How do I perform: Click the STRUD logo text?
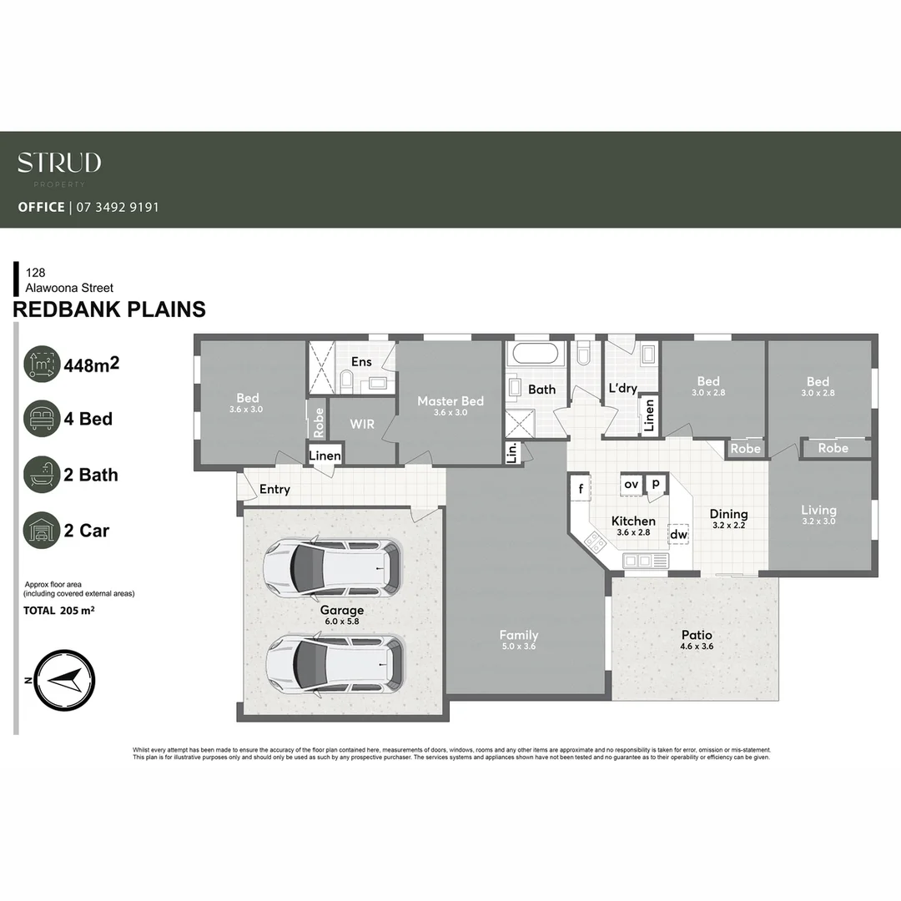[x=59, y=163]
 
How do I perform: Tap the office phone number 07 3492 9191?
[x=118, y=207]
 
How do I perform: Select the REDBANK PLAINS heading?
[x=109, y=310]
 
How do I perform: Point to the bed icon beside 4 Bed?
[x=42, y=419]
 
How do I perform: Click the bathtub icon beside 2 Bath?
[x=42, y=475]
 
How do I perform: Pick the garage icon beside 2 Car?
[x=42, y=531]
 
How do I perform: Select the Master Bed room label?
[x=450, y=401]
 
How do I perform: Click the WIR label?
[x=362, y=424]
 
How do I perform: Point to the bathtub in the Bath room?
[x=539, y=353]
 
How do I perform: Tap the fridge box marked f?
[x=580, y=487]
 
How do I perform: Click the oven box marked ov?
[x=632, y=484]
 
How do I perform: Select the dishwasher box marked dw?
[x=678, y=535]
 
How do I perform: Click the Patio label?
[x=697, y=635]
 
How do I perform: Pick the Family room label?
[x=519, y=635]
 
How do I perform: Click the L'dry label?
[x=622, y=389]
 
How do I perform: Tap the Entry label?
[x=274, y=489]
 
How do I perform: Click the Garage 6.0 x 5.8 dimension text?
[x=342, y=622]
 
